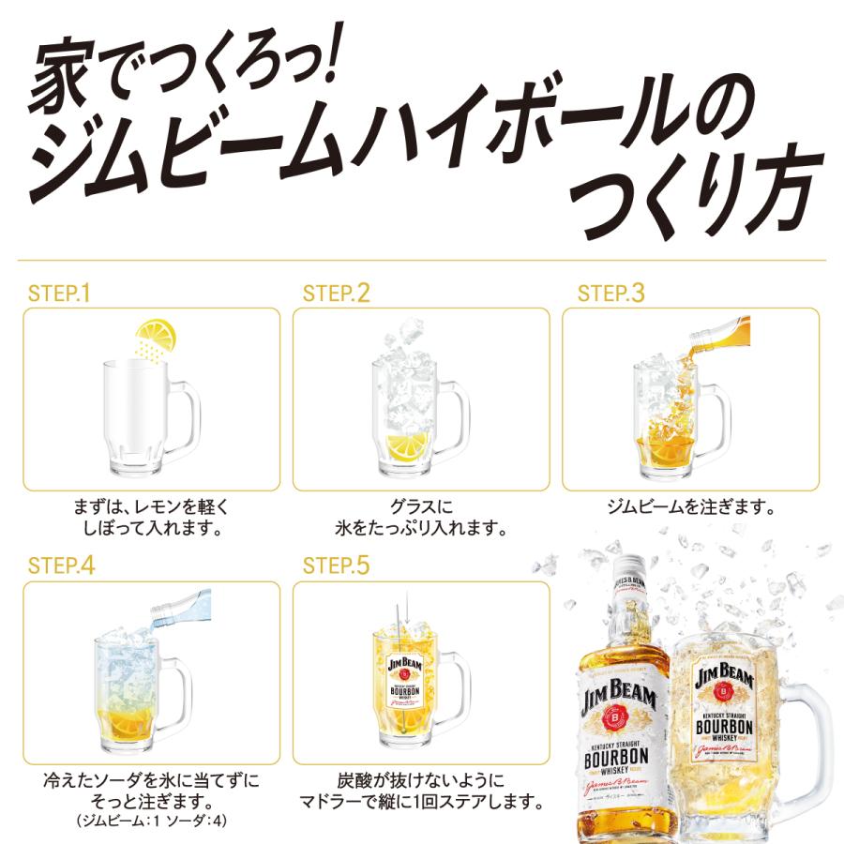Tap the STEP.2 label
[337, 293]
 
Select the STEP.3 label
[611, 293]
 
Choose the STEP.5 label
[337, 565]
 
